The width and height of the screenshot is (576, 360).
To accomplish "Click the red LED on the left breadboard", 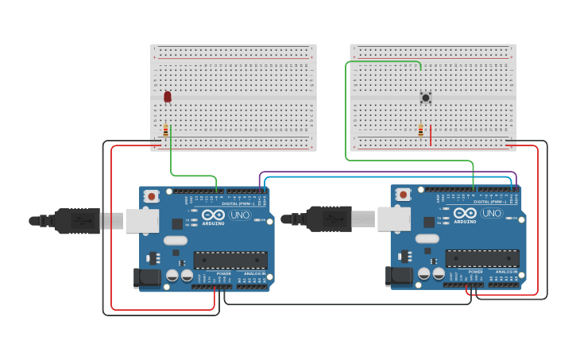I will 167,96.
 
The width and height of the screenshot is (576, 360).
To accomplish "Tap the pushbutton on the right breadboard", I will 426,98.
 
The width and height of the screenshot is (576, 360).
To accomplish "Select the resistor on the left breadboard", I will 165,130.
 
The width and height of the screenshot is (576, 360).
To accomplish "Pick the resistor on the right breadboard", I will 420,130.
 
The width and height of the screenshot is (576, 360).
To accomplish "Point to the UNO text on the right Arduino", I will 491,213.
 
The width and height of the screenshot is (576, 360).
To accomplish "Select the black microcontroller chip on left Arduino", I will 230,260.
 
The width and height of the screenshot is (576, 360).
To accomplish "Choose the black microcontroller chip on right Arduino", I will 481,258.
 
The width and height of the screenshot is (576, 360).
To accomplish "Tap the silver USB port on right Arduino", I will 393,219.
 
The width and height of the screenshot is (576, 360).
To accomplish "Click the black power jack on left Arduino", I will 146,277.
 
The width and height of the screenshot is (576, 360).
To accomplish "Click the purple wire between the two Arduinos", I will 389,172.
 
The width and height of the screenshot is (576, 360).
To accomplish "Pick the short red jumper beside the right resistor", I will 431,135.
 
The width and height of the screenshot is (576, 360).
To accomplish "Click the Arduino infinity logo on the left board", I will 213,215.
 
